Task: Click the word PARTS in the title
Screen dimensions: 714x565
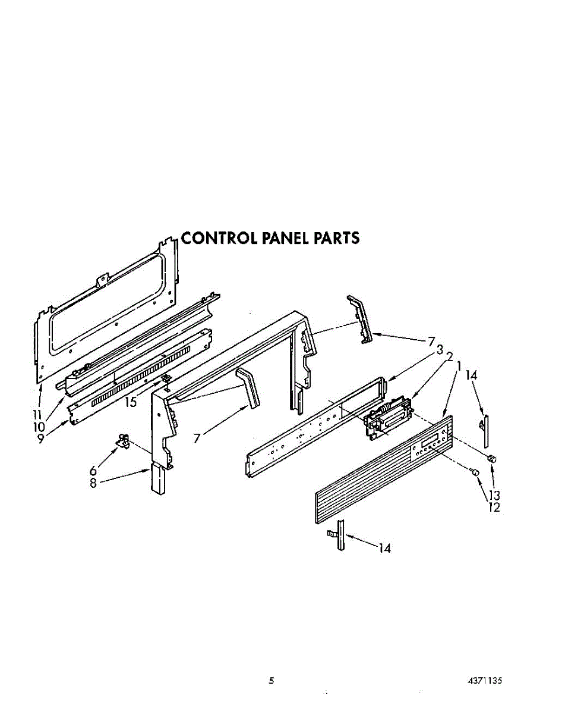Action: [x=337, y=238]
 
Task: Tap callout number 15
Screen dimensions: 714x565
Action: [x=130, y=402]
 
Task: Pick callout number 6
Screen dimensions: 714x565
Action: [x=93, y=471]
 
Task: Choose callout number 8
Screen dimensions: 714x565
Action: [x=93, y=483]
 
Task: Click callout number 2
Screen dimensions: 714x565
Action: [x=450, y=357]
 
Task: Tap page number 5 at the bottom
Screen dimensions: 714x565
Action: [x=271, y=681]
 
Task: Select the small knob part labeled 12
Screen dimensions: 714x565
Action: [x=474, y=472]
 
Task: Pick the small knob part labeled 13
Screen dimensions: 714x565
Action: [x=491, y=458]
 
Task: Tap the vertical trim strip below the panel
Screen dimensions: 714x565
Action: [x=340, y=534]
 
